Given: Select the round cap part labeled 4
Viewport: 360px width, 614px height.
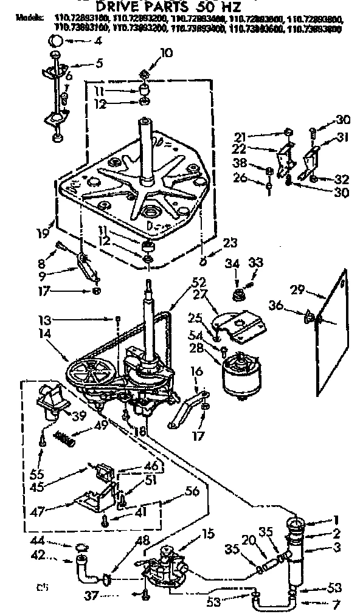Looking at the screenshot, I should [55, 41].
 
